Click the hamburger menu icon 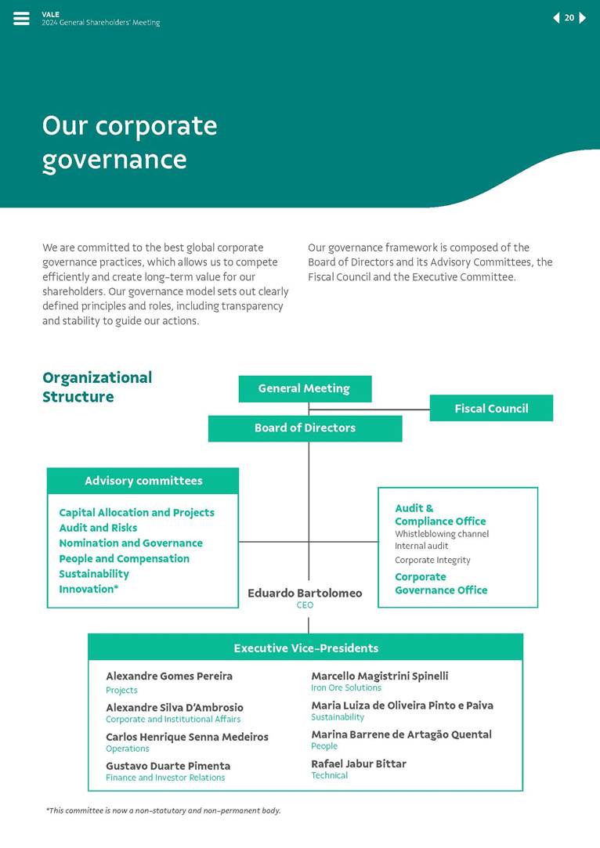[x=21, y=19]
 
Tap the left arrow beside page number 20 [x=556, y=18]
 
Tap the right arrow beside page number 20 [x=583, y=18]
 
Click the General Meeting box [x=305, y=388]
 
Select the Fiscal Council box [x=491, y=408]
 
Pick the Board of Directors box [x=305, y=428]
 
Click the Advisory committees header [x=143, y=481]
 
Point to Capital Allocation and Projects [x=136, y=513]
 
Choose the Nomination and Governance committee [x=130, y=543]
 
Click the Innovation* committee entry [x=89, y=589]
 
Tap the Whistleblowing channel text [x=441, y=534]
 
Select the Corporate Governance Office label [x=440, y=583]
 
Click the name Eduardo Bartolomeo [x=305, y=594]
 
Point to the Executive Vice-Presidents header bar [x=305, y=648]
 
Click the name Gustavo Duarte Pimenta [x=168, y=766]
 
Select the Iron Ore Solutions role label [x=345, y=687]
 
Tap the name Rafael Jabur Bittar [x=359, y=763]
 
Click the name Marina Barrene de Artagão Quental [x=401, y=734]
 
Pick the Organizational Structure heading [x=97, y=387]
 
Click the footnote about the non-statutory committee [x=163, y=810]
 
